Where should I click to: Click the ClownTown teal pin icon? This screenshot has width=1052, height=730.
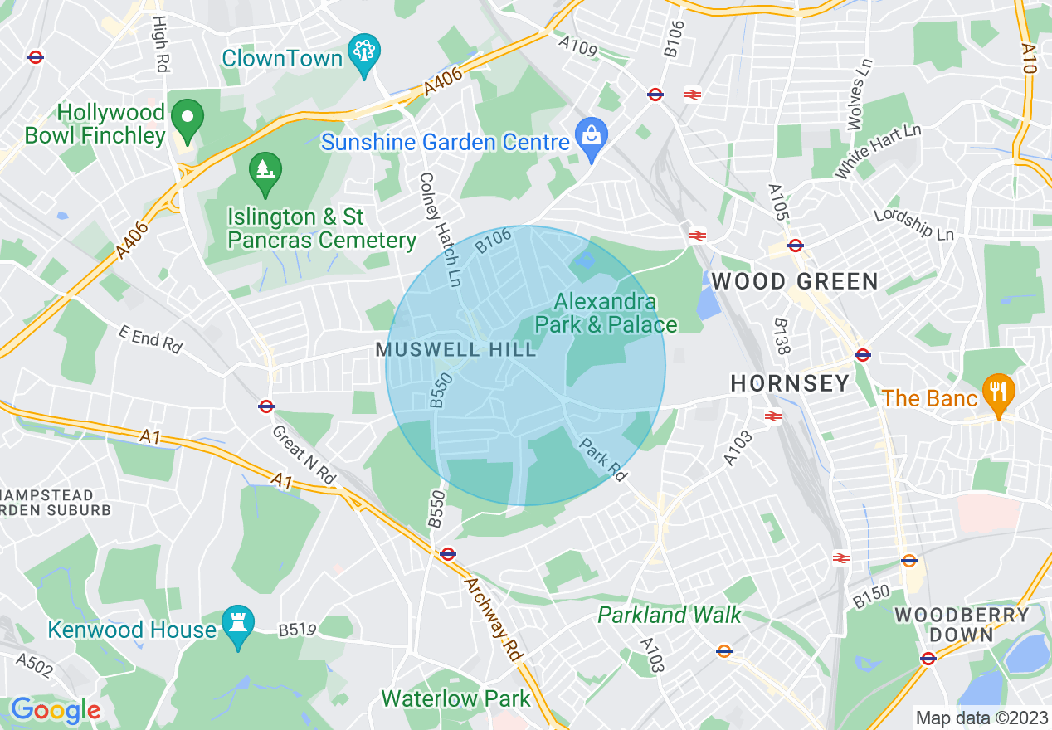pos(364,51)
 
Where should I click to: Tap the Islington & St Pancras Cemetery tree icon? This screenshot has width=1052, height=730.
pos(265,172)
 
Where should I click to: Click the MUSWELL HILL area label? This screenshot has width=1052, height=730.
pos(456,349)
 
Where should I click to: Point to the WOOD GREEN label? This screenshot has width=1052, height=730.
pos(795,281)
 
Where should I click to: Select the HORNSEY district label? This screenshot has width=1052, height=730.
pos(790,382)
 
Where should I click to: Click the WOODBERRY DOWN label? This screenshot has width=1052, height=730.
pos(962,625)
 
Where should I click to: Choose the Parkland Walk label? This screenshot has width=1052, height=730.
pos(670,615)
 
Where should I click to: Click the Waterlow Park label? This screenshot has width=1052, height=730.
pos(455,698)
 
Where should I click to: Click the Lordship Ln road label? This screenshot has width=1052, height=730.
pos(914,223)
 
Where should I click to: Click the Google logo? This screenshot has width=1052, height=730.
pos(55,710)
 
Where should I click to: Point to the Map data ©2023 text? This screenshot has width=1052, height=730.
pos(980,718)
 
